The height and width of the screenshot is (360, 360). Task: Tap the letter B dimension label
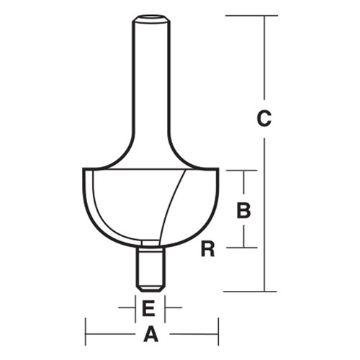[x=244, y=210]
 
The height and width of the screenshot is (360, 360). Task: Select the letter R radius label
[x=208, y=249]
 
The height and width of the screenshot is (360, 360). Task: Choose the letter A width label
[x=151, y=334]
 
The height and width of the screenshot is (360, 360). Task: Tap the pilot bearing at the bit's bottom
[x=151, y=267]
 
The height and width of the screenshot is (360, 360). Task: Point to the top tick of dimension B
[x=244, y=171]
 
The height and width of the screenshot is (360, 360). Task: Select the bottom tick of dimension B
[x=244, y=248]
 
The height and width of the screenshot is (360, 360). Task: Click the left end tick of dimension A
[x=86, y=334]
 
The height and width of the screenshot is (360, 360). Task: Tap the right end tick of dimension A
[x=218, y=334]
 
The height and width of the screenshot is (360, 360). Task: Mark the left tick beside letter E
[x=136, y=307]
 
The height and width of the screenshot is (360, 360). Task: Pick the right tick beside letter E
[x=166, y=307]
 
